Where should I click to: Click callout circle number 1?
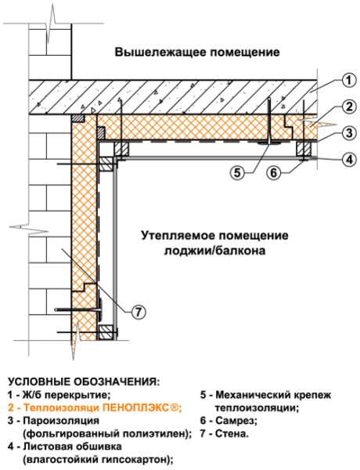pyautogui.click(x=348, y=81)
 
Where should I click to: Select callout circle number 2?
pyautogui.click(x=349, y=107)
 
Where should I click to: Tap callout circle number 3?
pyautogui.click(x=349, y=133)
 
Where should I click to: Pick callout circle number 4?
pyautogui.click(x=349, y=160)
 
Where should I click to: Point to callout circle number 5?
pyautogui.click(x=237, y=172)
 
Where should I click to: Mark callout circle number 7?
pyautogui.click(x=138, y=313)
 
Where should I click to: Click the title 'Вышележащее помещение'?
pyautogui.click(x=197, y=52)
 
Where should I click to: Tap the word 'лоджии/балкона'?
pyautogui.click(x=214, y=250)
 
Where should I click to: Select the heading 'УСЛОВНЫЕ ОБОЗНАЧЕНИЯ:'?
pyautogui.click(x=84, y=381)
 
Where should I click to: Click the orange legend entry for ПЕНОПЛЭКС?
pyautogui.click(x=95, y=407)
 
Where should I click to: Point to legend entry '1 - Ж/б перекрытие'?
pyautogui.click(x=59, y=395)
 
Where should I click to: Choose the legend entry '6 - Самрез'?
pyautogui.click(x=229, y=421)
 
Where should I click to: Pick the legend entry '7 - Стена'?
pyautogui.click(x=225, y=433)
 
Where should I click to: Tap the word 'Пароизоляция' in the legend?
pyautogui.click(x=61, y=421)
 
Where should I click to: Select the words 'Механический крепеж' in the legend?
pyautogui.click(x=273, y=395)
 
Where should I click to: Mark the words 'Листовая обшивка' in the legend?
pyautogui.click(x=73, y=446)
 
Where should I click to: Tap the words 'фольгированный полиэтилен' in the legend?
pyautogui.click(x=106, y=433)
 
